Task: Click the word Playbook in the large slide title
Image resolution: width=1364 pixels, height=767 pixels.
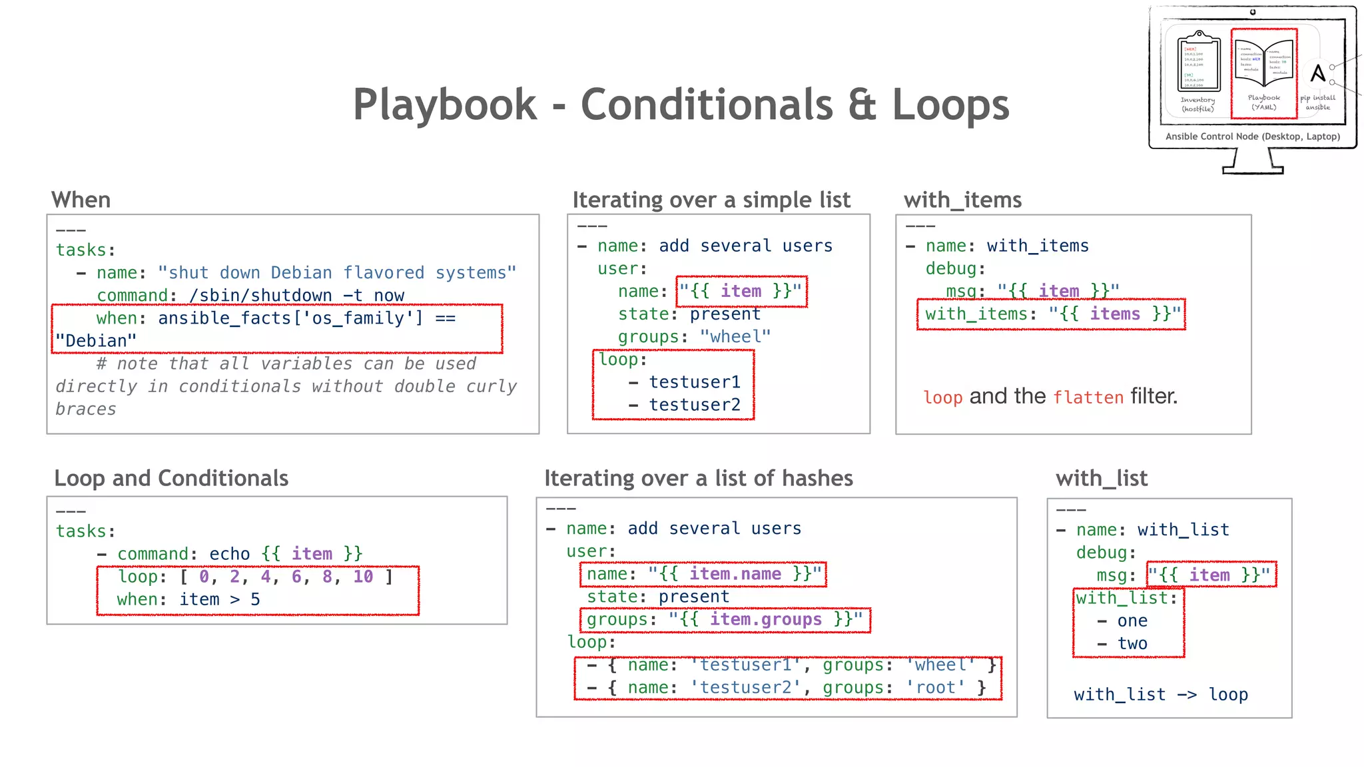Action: pos(444,105)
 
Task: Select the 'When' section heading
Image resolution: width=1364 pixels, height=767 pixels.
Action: pos(81,200)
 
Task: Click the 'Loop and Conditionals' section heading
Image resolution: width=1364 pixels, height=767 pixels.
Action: pos(171,478)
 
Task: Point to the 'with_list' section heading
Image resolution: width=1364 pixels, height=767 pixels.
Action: pos(1102,478)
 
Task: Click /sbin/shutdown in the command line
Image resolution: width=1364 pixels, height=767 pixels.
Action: pos(261,296)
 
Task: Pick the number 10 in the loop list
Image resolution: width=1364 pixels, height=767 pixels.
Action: pos(363,577)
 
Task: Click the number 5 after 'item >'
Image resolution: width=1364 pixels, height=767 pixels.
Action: pos(255,599)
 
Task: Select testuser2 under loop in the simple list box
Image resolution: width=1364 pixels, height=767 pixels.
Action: pos(695,405)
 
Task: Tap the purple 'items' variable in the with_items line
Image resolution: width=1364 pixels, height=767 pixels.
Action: pos(1115,314)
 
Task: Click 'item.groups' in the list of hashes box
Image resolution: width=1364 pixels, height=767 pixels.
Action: pos(766,619)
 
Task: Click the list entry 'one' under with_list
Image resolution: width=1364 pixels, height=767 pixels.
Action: pos(1132,621)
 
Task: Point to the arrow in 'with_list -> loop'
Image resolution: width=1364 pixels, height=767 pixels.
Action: pos(1187,694)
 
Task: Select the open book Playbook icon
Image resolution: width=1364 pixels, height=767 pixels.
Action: pos(1263,64)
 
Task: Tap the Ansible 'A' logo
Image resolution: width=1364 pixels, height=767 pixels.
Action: pos(1317,73)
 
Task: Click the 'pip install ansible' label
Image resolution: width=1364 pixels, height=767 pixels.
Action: pos(1317,103)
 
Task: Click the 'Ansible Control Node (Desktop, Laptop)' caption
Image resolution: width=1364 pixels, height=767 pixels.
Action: pos(1252,136)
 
